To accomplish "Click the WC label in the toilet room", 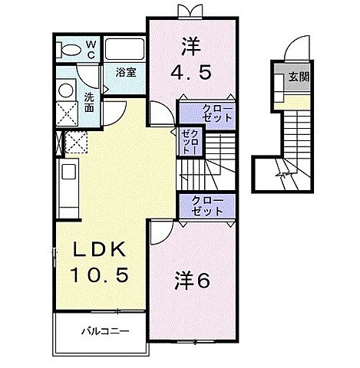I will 90,51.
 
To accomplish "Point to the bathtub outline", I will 124,51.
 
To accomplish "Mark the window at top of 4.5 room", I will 187,11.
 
